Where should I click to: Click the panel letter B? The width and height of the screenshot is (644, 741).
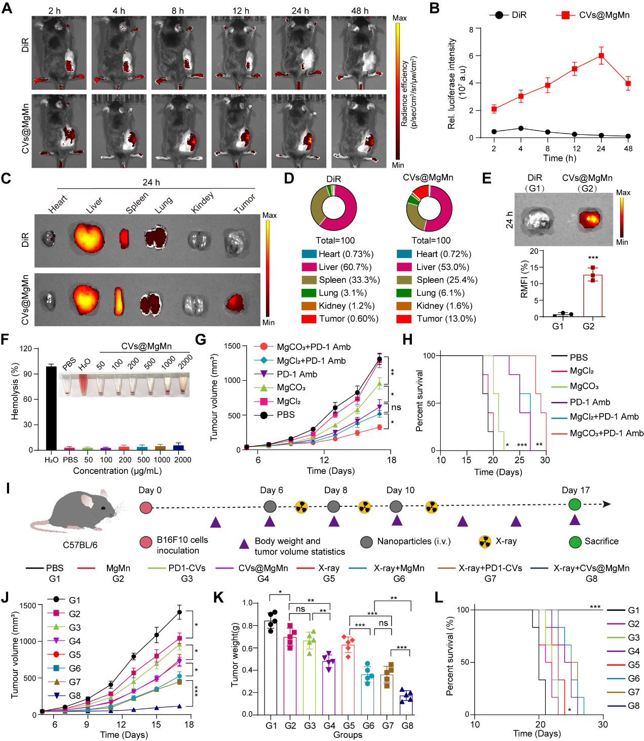click(x=434, y=8)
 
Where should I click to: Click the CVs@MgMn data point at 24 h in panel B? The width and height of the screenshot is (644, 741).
click(x=601, y=56)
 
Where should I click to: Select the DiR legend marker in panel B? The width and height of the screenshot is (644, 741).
click(x=499, y=15)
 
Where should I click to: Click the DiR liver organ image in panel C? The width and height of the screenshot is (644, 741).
click(x=89, y=238)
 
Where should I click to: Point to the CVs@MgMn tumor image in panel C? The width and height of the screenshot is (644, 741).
click(x=235, y=303)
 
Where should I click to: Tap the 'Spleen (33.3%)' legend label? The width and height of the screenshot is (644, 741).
click(x=349, y=280)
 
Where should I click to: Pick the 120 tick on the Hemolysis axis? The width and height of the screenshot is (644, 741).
click(x=26, y=349)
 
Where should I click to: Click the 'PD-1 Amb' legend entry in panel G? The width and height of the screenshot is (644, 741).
click(x=297, y=374)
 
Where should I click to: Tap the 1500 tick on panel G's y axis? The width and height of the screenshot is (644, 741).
click(x=233, y=346)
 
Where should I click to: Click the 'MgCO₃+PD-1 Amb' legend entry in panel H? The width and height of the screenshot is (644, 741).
click(x=607, y=433)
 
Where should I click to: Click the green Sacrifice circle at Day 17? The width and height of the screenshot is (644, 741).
click(x=575, y=504)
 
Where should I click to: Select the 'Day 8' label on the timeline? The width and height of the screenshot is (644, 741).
click(x=335, y=490)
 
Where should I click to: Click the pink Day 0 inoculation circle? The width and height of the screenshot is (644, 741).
click(x=146, y=507)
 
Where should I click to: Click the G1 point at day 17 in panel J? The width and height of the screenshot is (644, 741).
click(x=179, y=612)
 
